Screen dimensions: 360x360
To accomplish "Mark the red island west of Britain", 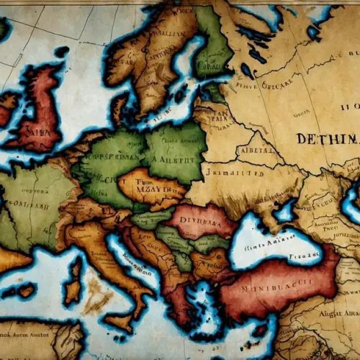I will (7, 108).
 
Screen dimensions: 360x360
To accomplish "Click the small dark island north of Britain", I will (62, 52).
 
